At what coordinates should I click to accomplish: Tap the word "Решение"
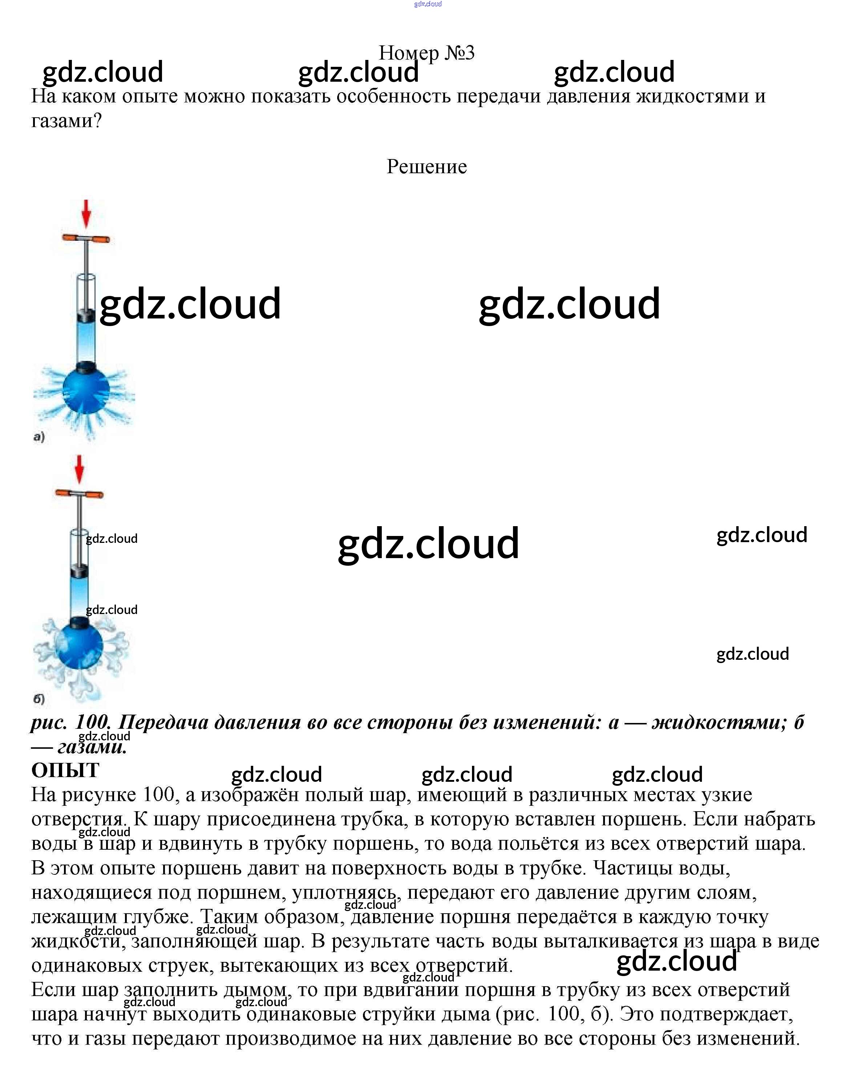point(427,166)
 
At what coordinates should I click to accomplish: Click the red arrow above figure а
point(86,214)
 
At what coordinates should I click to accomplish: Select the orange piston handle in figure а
point(86,239)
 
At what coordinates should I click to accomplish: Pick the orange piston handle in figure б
point(79,493)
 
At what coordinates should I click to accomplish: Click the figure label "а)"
point(39,436)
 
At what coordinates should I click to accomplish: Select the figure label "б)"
point(39,698)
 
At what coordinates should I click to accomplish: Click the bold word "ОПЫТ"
point(65,770)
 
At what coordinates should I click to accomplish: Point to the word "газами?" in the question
point(66,121)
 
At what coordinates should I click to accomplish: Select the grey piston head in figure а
point(86,316)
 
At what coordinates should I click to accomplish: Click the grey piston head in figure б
point(79,570)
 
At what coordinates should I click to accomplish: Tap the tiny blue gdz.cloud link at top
point(428,4)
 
